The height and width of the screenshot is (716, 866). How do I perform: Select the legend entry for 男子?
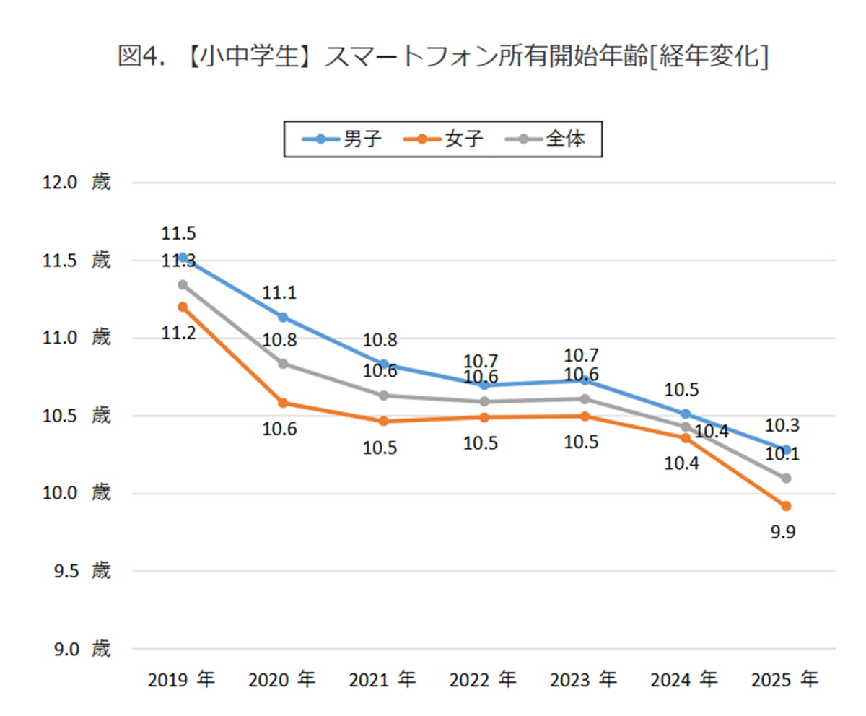338,139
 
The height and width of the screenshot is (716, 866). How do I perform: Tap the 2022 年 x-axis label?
484,680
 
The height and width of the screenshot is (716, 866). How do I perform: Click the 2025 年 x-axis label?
786,680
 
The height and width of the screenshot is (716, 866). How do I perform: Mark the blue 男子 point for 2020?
283,317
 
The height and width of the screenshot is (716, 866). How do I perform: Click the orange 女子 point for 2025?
786,506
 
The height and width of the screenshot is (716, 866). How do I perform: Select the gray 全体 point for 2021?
384,396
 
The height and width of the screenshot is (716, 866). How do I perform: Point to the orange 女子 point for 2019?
183,307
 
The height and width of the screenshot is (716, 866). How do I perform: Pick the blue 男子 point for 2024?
686,414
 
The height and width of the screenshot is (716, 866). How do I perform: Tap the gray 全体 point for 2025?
786,478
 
